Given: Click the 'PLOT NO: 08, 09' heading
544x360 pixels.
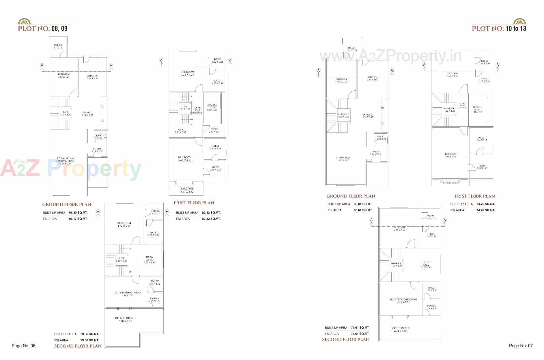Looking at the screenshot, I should pyautogui.click(x=43, y=28).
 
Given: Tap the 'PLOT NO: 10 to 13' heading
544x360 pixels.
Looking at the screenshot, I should pyautogui.click(x=499, y=28).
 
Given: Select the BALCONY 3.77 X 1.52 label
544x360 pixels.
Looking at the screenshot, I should pyautogui.click(x=187, y=190).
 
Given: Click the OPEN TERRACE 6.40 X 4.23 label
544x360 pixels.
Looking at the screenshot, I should pyautogui.click(x=125, y=319).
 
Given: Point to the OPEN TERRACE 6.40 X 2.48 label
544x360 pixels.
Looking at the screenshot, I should pyautogui.click(x=400, y=330).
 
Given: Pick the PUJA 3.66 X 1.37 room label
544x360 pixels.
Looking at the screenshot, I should pyautogui.click(x=180, y=131).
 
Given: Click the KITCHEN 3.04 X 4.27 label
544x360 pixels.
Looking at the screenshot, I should pyautogui.click(x=92, y=77).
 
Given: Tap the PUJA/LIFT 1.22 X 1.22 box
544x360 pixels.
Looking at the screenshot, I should pyautogui.click(x=343, y=116).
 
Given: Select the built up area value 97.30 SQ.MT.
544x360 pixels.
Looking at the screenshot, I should pyautogui.click(x=78, y=212).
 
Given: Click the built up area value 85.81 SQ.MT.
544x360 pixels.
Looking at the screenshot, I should pyautogui.click(x=363, y=204).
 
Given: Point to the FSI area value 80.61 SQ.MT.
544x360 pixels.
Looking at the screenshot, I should pyautogui.click(x=363, y=210).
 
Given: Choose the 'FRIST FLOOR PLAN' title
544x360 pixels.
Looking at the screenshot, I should pyautogui.click(x=194, y=203).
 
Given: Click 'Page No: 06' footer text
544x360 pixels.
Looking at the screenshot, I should pyautogui.click(x=24, y=346).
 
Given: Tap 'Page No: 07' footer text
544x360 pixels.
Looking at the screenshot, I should pyautogui.click(x=521, y=346).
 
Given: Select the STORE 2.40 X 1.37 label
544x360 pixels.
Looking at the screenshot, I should pyautogui.click(x=214, y=130).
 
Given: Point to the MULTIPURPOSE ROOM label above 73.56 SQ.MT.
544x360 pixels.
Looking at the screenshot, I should pyautogui.click(x=127, y=294).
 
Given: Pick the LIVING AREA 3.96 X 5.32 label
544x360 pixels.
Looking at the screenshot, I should pyautogui.click(x=343, y=159).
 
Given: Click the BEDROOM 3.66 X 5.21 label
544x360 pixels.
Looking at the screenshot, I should pyautogui.click(x=450, y=155).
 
